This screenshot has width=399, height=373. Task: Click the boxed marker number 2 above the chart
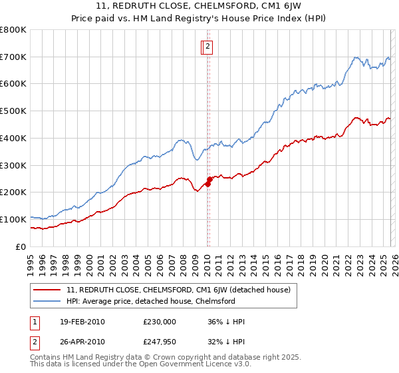(x=207, y=47)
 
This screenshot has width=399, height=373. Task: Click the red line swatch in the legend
(x=47, y=290)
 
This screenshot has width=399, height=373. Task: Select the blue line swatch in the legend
(x=47, y=302)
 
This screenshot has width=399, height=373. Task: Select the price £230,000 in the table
(x=160, y=322)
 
